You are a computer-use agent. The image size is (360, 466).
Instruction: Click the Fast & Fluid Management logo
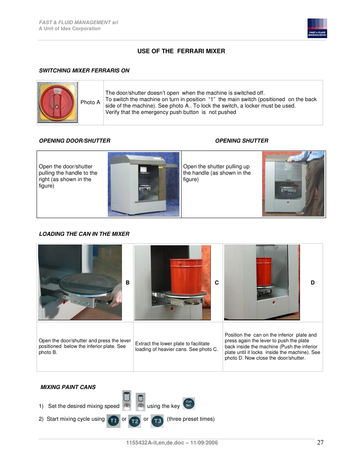(317, 28)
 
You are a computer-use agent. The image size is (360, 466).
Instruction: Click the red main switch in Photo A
(57, 102)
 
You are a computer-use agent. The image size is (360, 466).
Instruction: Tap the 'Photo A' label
(90, 102)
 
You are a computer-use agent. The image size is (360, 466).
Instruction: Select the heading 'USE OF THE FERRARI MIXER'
(181, 51)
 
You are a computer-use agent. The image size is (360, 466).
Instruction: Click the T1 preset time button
(114, 421)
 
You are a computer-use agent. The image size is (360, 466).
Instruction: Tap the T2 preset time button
(135, 421)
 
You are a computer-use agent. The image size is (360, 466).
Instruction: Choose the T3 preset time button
(157, 421)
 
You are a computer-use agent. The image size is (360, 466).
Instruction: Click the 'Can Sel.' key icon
(189, 403)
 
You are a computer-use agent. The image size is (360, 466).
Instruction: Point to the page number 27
(320, 442)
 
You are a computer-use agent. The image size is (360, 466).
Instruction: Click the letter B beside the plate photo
(128, 283)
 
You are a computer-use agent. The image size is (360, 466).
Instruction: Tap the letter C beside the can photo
(217, 283)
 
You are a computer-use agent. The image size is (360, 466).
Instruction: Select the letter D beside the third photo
(312, 283)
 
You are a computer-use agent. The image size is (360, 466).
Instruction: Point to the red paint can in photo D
(264, 271)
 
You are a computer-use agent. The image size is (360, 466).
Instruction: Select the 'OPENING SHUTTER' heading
(242, 141)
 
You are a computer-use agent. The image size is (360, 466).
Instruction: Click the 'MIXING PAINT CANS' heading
(68, 387)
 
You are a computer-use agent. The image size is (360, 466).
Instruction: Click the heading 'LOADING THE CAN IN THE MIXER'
(84, 234)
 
